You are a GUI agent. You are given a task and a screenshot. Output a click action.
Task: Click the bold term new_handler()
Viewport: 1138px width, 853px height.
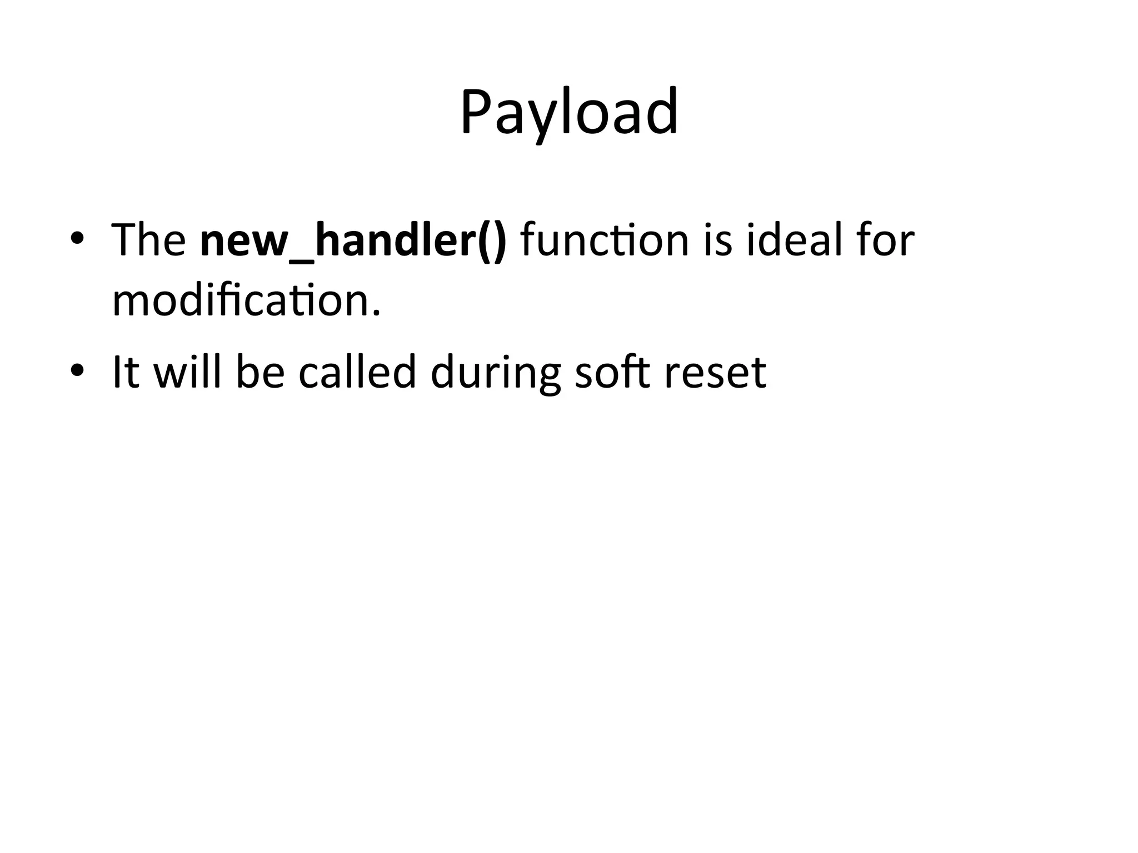[x=353, y=240]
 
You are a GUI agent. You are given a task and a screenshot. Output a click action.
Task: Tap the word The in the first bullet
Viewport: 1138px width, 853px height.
[x=148, y=240]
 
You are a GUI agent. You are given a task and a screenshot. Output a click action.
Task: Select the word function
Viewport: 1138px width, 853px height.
[x=605, y=240]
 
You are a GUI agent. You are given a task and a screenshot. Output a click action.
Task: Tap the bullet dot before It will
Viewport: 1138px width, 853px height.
[x=77, y=370]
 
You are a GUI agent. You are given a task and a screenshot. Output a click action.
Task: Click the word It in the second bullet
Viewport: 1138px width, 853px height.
[x=126, y=372]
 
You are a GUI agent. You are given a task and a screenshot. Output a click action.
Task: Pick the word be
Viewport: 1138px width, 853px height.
[x=260, y=372]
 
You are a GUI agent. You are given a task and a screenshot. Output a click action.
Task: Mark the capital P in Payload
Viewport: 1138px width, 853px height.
[x=476, y=113]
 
